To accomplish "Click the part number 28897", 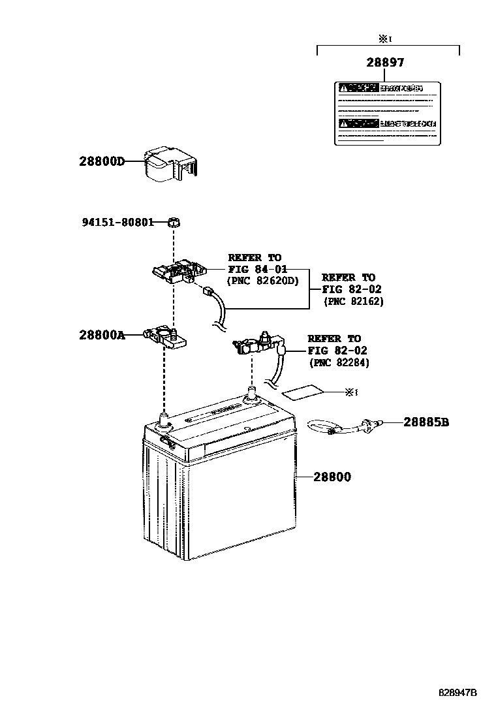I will [384, 63].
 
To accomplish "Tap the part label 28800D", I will [101, 161].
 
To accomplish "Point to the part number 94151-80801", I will [117, 222].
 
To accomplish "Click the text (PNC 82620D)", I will [262, 281].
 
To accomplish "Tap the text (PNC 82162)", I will [354, 302].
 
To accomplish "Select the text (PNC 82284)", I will [339, 362].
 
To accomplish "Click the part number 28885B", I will [426, 422].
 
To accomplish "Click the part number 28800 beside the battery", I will [332, 477].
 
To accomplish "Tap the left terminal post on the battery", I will [164, 417].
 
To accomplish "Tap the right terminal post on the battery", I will [251, 394].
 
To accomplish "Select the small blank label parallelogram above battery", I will [302, 392].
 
